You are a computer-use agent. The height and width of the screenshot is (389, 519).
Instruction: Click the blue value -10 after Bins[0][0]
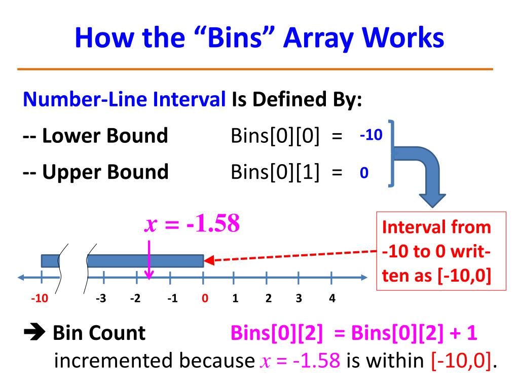pyautogui.click(x=370, y=136)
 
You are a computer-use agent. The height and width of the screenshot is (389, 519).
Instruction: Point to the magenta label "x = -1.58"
pyautogui.click(x=192, y=224)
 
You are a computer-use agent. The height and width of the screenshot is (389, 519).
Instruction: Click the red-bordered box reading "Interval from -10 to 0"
pyautogui.click(x=441, y=251)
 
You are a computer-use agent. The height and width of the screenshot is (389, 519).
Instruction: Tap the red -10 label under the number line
pyautogui.click(x=39, y=298)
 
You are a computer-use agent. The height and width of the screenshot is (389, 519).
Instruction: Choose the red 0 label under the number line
pyautogui.click(x=205, y=298)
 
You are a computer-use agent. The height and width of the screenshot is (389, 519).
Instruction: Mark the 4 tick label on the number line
pyautogui.click(x=331, y=298)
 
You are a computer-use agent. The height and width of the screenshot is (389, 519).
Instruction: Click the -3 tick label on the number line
pyautogui.click(x=101, y=298)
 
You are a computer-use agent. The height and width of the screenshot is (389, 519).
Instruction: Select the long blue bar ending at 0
pyautogui.click(x=145, y=261)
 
